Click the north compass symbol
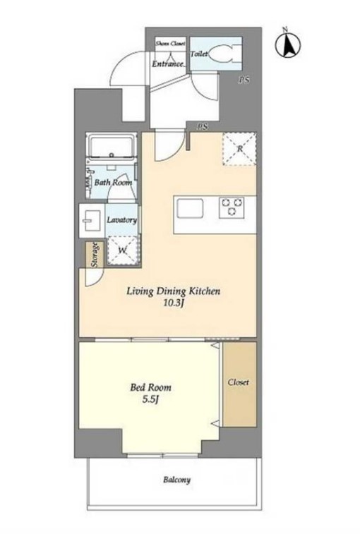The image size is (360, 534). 288,44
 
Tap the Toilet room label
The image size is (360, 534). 199,54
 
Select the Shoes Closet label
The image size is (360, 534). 170,43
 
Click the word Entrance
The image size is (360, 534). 168,63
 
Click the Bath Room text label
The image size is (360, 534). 113,182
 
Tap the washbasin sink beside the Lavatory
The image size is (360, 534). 91,220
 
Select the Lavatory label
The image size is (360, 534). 121,219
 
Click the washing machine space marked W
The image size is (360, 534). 122,250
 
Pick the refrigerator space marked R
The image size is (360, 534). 240,149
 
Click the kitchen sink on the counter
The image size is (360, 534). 190,208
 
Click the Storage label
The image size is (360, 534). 95,255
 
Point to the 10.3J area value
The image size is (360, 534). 174,303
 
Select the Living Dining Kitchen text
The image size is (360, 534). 174,291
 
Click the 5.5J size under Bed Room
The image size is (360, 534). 150,399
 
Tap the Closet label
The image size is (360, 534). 239,382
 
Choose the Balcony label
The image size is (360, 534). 177,480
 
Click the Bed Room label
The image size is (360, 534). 150,387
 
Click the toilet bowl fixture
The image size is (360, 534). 223,54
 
